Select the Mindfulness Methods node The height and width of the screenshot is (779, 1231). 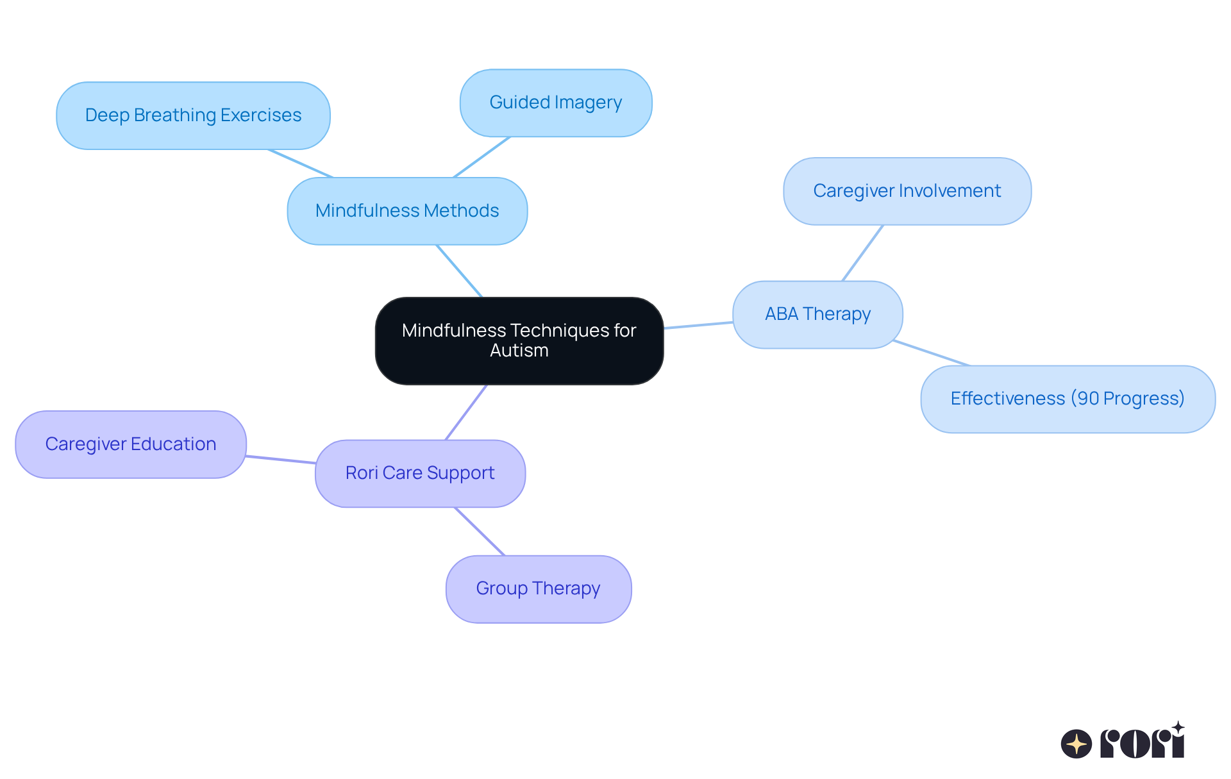point(407,211)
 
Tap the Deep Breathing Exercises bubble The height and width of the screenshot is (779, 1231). point(193,115)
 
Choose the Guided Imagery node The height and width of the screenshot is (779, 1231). point(556,103)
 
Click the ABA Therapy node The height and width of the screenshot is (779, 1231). point(817,314)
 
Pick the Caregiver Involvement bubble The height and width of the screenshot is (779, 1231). point(907,191)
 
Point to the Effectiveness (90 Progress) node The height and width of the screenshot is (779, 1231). point(1068,399)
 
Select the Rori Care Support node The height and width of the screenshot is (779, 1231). point(420,473)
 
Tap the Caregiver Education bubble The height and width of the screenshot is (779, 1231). point(131,444)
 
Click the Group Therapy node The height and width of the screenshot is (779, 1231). point(539,589)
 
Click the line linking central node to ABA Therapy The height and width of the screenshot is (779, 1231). point(698,325)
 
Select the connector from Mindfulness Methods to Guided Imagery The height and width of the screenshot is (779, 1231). point(482,157)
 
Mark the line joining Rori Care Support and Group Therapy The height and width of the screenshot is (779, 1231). point(480,532)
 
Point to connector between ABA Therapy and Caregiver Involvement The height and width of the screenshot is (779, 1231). point(862,253)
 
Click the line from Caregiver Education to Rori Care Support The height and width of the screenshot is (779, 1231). point(281,459)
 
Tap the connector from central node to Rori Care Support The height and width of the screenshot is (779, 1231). point(466,412)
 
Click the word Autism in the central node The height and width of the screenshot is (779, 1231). point(519,351)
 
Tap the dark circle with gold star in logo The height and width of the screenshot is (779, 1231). point(1076,744)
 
